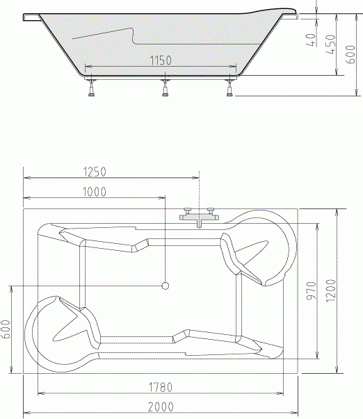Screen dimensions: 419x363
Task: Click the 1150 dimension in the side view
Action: (161, 61)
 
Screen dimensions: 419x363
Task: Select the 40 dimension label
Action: (311, 40)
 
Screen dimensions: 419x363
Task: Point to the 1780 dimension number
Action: (161, 386)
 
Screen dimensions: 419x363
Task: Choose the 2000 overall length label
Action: (161, 406)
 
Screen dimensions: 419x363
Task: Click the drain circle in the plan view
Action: (166, 285)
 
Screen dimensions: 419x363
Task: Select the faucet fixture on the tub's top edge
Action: (199, 217)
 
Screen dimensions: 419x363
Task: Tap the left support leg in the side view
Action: (91, 88)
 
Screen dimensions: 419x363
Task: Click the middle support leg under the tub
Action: (166, 88)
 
